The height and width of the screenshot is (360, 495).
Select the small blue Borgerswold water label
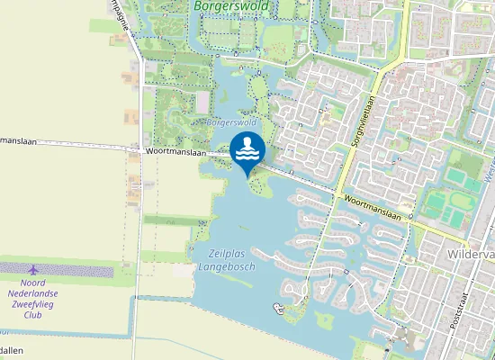point(231,121)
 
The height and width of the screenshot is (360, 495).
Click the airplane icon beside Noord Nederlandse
point(34,269)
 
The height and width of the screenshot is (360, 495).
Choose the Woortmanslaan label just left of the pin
point(176,153)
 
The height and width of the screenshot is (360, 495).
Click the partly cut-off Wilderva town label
point(471,256)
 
